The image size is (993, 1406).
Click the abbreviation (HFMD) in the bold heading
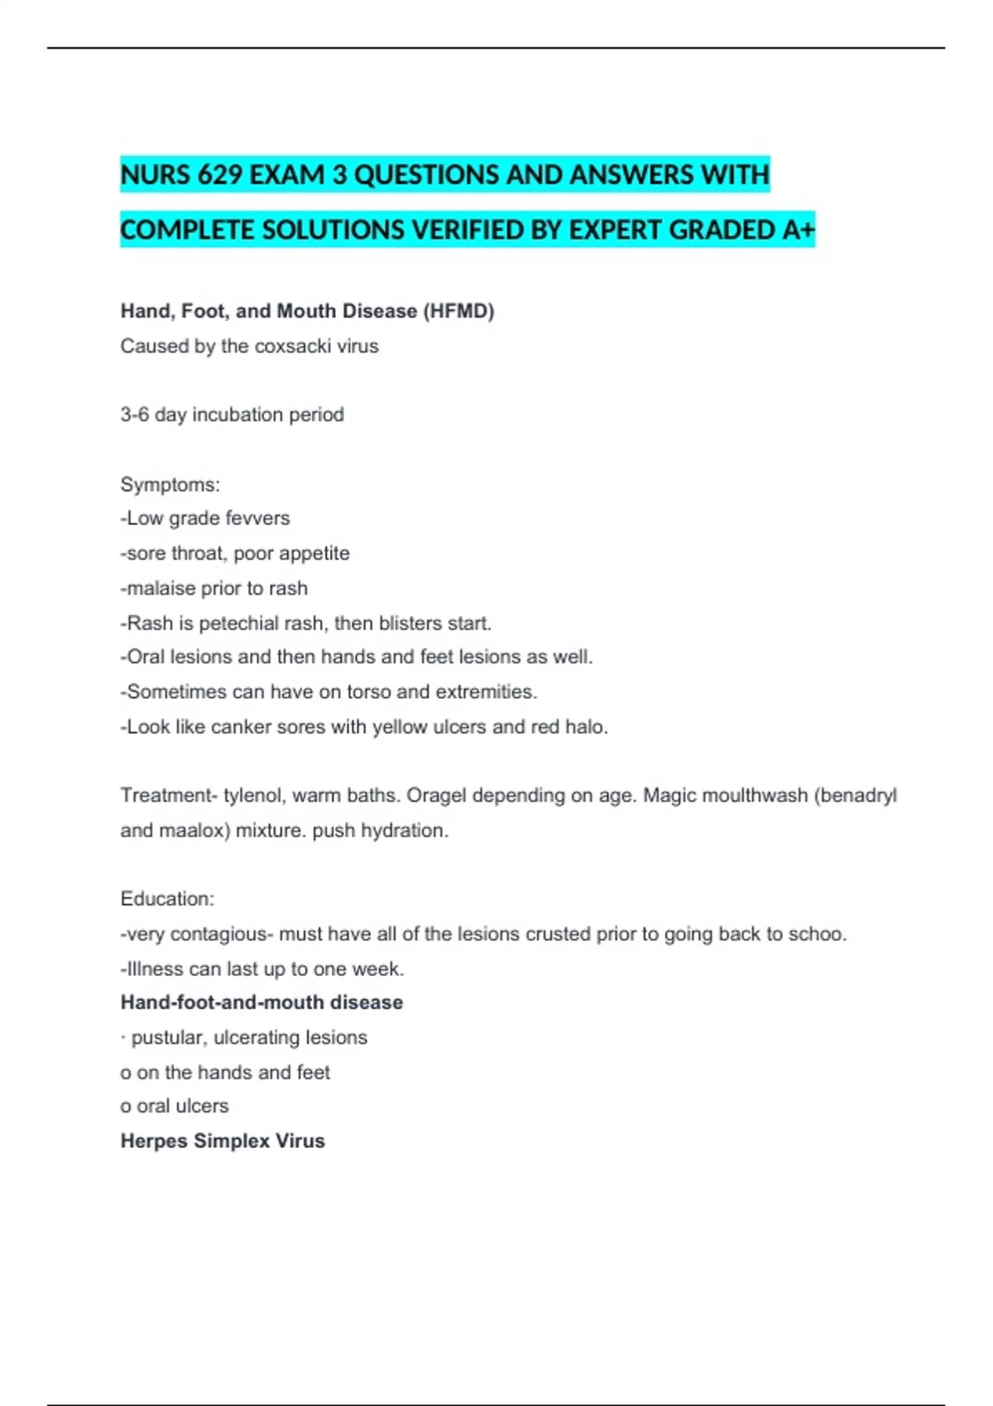[x=458, y=311]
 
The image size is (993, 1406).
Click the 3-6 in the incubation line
[x=135, y=414]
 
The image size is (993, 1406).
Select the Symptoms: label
[x=170, y=484]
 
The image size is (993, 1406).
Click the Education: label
[x=167, y=899]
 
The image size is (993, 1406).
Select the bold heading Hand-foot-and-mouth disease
[x=261, y=1002]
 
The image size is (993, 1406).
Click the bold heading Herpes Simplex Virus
[x=223, y=1141]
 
